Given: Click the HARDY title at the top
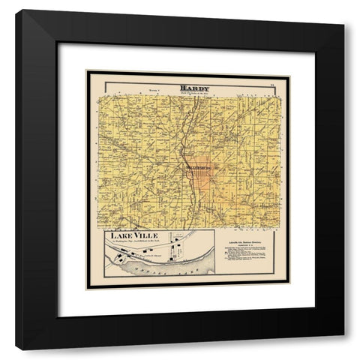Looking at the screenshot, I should point(194,88).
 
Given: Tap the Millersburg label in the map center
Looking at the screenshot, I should point(193,159).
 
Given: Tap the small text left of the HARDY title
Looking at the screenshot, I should point(154,88).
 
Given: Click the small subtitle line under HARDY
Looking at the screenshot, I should point(194,93).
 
